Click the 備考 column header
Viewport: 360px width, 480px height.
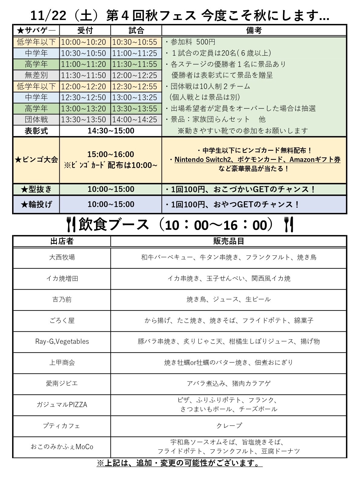[254, 30]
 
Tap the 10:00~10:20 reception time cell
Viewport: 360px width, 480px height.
[84, 42]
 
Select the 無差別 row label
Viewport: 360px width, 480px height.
[36, 75]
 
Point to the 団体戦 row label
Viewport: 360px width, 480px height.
[36, 120]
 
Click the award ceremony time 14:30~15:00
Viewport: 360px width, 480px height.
[111, 131]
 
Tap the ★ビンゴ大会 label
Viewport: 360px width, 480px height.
[36, 159]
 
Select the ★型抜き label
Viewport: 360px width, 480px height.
[36, 189]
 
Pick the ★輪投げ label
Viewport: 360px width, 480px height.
[36, 205]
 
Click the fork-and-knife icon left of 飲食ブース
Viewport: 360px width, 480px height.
[71, 225]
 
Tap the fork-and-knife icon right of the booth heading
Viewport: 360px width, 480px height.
[289, 225]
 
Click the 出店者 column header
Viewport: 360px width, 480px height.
[62, 241]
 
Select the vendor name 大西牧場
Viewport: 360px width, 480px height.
[62, 257]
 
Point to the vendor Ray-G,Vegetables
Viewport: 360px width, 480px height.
[62, 341]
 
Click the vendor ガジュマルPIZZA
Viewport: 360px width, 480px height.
[62, 405]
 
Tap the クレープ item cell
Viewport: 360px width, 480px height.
[229, 426]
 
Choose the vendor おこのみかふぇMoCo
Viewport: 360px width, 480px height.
[62, 447]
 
